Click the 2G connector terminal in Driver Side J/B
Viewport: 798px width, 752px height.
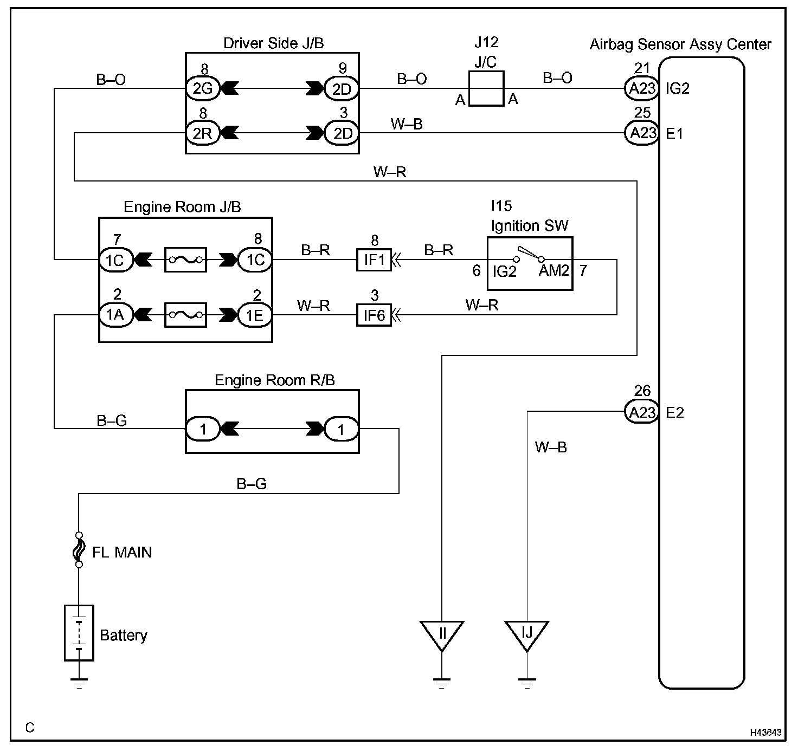point(203,88)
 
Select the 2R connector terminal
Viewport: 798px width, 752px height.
point(203,133)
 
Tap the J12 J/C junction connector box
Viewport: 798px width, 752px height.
point(486,88)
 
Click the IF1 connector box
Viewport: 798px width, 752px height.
point(374,260)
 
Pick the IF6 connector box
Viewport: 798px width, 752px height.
point(374,315)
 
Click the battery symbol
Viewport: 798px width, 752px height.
point(79,633)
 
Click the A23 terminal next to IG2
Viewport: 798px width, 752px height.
point(642,88)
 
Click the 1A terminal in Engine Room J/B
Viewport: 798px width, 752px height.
point(115,315)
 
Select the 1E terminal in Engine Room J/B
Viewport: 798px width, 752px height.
point(255,315)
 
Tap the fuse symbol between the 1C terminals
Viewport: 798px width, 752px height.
point(185,260)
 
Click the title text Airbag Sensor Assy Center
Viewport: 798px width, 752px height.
point(680,44)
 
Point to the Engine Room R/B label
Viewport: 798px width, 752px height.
point(275,380)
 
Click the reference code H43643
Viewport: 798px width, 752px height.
point(765,732)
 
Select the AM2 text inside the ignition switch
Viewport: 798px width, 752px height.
point(554,270)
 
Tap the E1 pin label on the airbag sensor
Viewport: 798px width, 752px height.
point(674,134)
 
